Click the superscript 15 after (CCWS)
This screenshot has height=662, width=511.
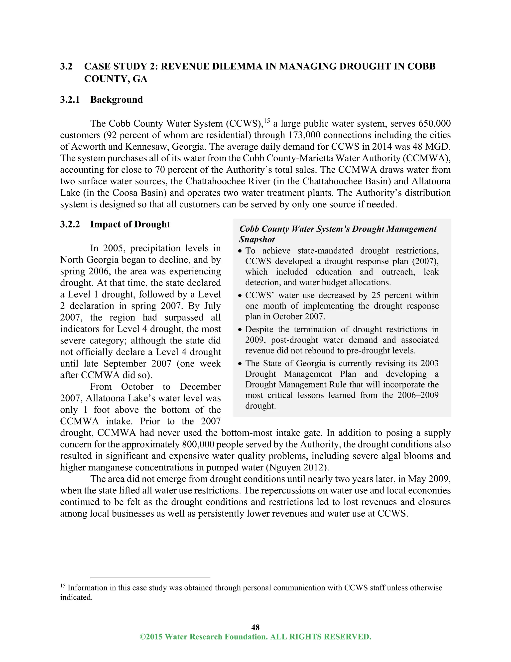[x=266, y=121]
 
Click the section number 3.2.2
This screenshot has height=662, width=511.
[x=70, y=224]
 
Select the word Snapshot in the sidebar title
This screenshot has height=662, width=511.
[x=257, y=240]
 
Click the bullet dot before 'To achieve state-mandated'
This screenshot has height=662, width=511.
[x=240, y=251]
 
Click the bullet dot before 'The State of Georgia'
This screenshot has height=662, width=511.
[x=240, y=364]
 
